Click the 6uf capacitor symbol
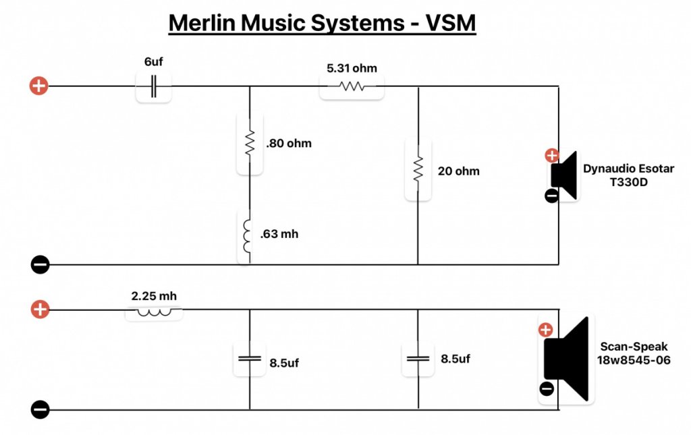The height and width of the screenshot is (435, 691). [x=154, y=86]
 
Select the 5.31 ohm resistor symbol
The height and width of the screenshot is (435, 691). [x=352, y=86]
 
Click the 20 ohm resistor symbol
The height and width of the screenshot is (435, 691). [x=418, y=169]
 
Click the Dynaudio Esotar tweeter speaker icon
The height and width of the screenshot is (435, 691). [x=564, y=175]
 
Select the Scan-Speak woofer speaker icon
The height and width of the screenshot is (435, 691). [x=568, y=359]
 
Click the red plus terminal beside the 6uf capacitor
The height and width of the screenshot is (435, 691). [x=39, y=86]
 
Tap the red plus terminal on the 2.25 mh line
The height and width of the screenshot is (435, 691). [x=40, y=310]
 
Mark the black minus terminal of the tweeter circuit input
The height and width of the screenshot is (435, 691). [x=40, y=265]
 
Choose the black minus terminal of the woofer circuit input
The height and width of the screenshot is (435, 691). [x=40, y=409]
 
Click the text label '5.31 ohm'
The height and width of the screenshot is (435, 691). [x=352, y=68]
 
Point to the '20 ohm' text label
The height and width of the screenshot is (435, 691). [x=458, y=171]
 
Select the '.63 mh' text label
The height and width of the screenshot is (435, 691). [x=279, y=235]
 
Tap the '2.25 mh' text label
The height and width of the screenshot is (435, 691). [x=154, y=295]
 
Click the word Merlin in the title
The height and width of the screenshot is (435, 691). [x=201, y=23]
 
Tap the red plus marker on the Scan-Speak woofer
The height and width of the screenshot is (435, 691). [x=546, y=330]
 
